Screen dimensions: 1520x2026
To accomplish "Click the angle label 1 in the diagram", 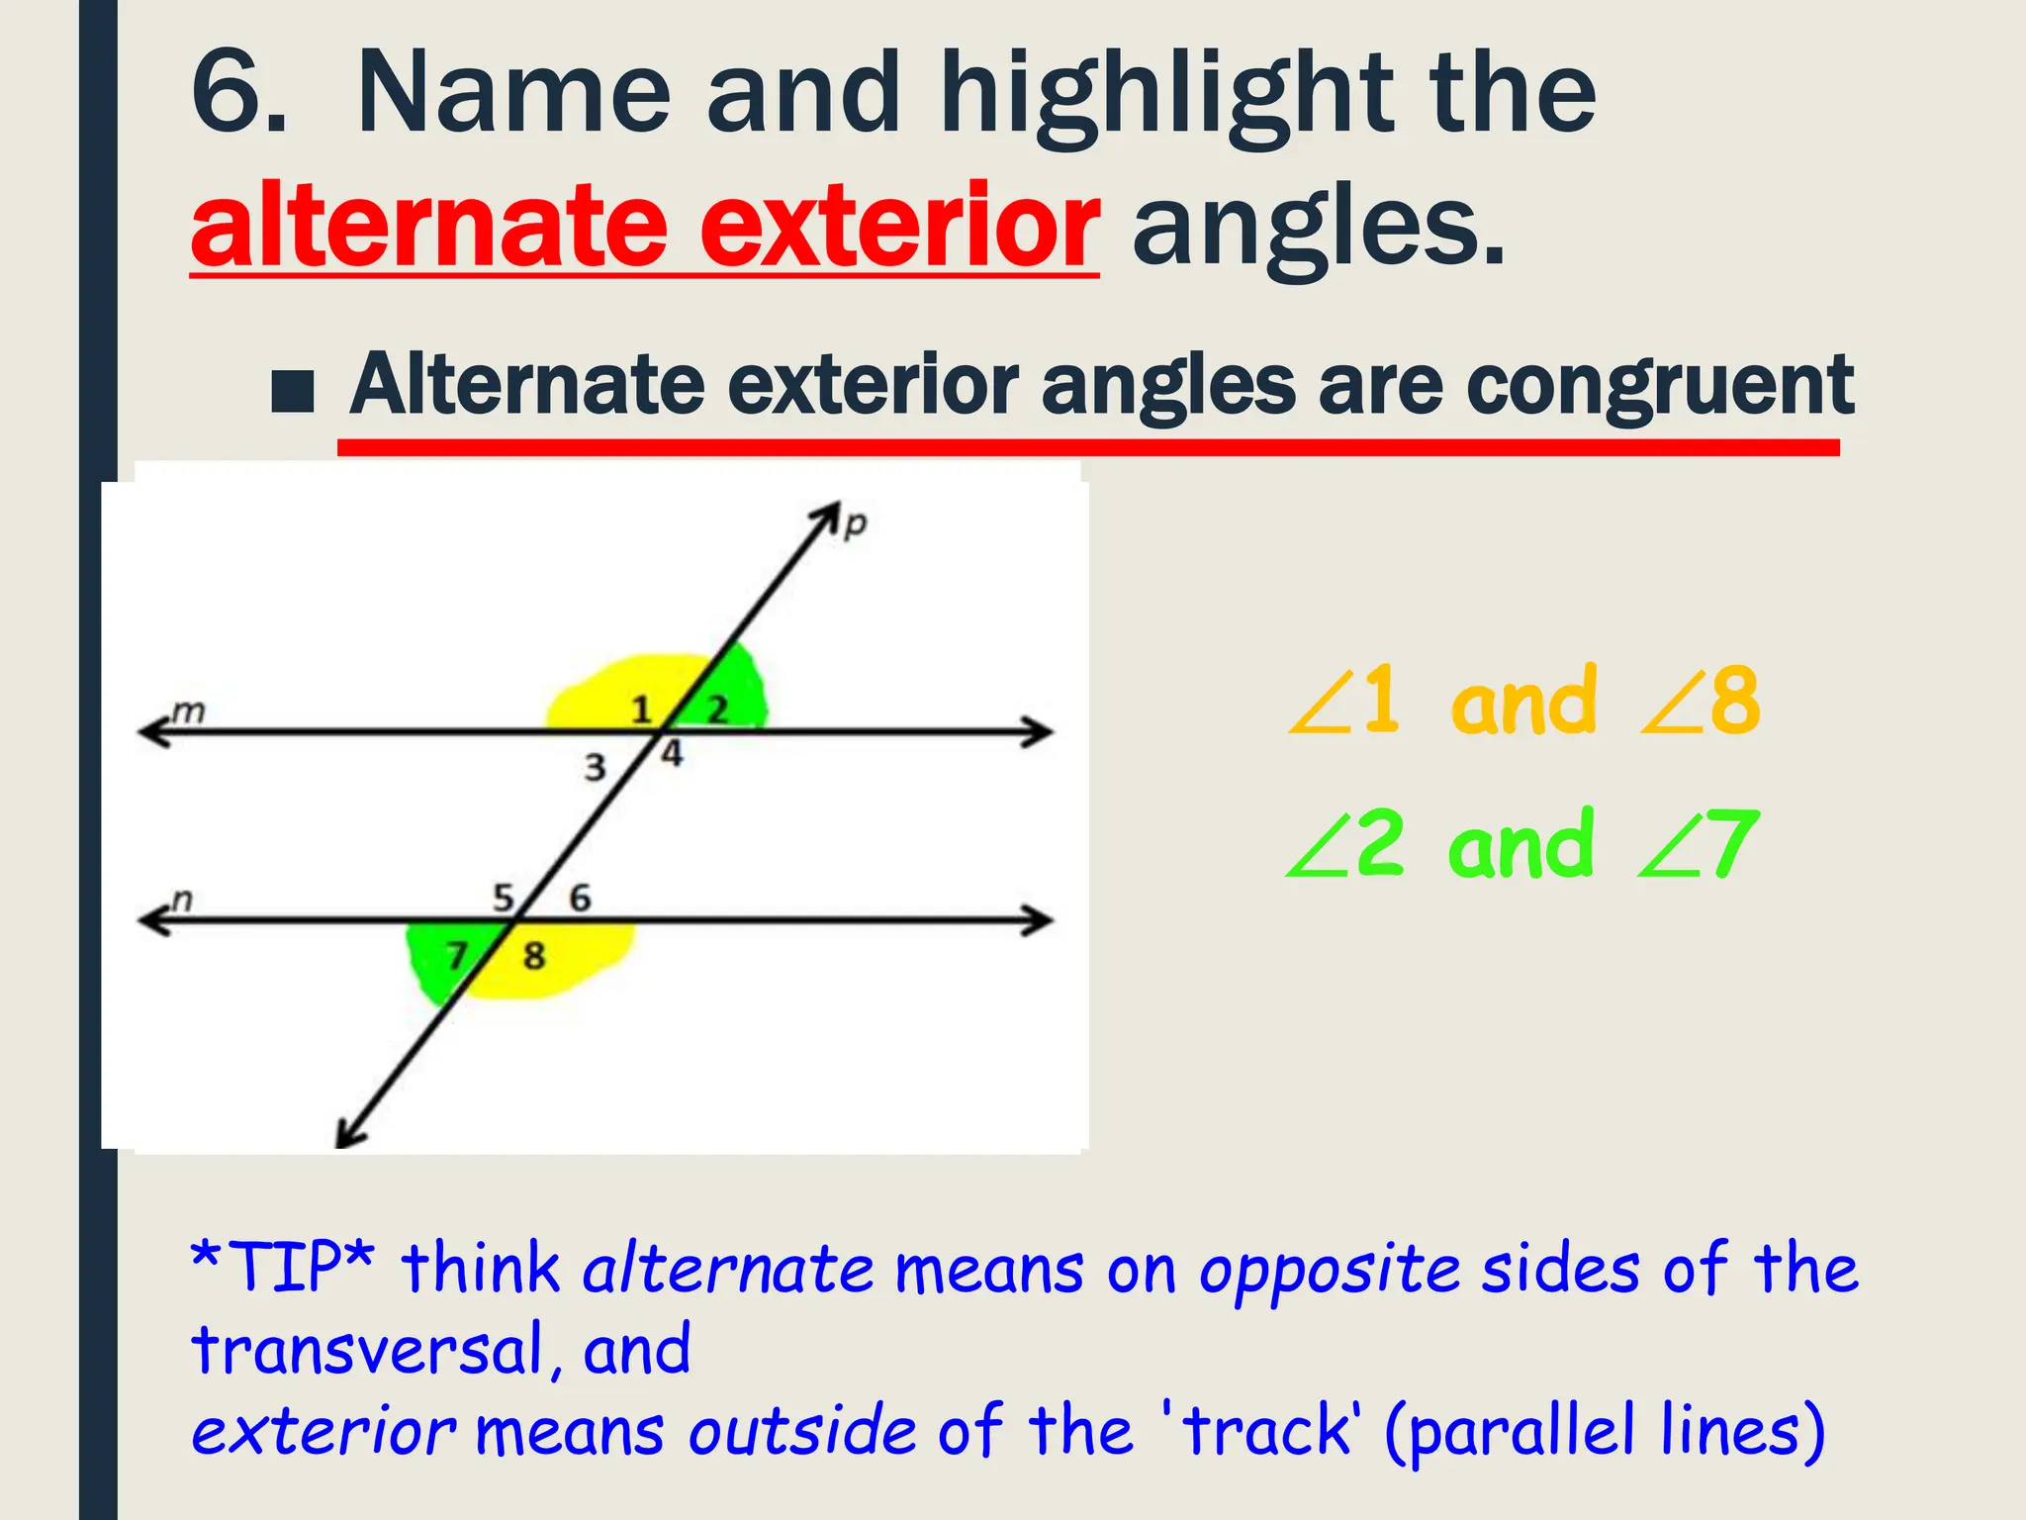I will point(642,710).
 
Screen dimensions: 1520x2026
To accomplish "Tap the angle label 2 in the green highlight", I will point(717,709).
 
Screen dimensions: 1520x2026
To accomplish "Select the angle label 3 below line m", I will point(595,767).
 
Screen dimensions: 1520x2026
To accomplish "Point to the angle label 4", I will point(673,754).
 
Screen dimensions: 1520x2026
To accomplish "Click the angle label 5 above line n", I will point(504,898).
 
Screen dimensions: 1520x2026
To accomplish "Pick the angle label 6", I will point(580,898).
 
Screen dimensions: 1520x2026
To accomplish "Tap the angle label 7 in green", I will point(456,956).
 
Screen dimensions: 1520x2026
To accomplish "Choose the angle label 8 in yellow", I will point(534,956).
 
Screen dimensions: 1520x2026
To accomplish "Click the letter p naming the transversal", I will point(855,523).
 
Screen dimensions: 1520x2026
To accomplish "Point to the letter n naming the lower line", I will point(182,900).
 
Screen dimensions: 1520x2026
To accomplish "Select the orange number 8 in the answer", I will point(1734,701).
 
